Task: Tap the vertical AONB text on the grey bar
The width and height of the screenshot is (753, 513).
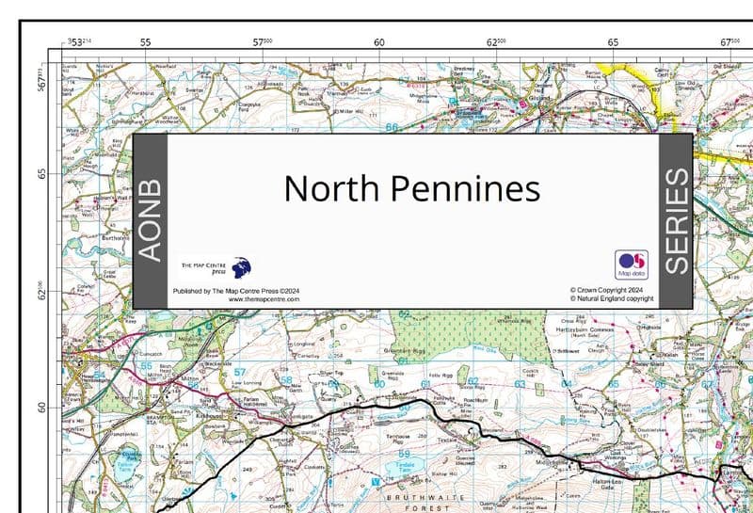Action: coord(150,221)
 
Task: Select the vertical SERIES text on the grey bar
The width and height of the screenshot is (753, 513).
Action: coord(677,221)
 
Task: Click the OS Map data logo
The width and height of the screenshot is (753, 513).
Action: coord(632,264)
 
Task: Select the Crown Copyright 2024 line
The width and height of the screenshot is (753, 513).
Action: coord(607,290)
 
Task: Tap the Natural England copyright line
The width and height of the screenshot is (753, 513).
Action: coord(612,299)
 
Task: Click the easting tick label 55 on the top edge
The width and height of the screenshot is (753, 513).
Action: coord(145,42)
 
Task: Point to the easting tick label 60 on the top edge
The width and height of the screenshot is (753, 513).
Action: coord(379,42)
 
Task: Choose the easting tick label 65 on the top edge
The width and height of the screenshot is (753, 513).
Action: coord(613,42)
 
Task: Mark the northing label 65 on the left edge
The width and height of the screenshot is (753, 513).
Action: coord(42,174)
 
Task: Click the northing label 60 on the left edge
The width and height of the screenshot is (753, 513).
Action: coord(42,408)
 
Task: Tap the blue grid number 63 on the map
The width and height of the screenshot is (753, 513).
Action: coord(520,383)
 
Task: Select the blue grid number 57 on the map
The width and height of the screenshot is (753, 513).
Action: coord(238,372)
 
